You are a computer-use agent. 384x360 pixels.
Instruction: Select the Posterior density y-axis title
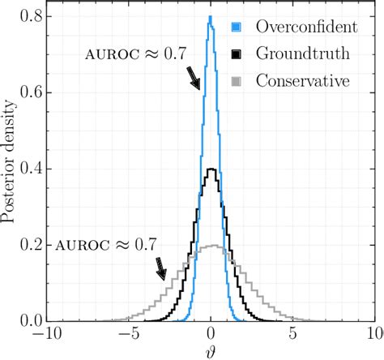click(x=10, y=167)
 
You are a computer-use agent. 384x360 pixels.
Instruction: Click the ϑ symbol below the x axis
click(x=211, y=350)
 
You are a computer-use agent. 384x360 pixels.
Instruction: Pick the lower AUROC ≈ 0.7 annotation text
click(x=107, y=242)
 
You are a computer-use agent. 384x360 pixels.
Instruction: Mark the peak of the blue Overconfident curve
click(x=211, y=16)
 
